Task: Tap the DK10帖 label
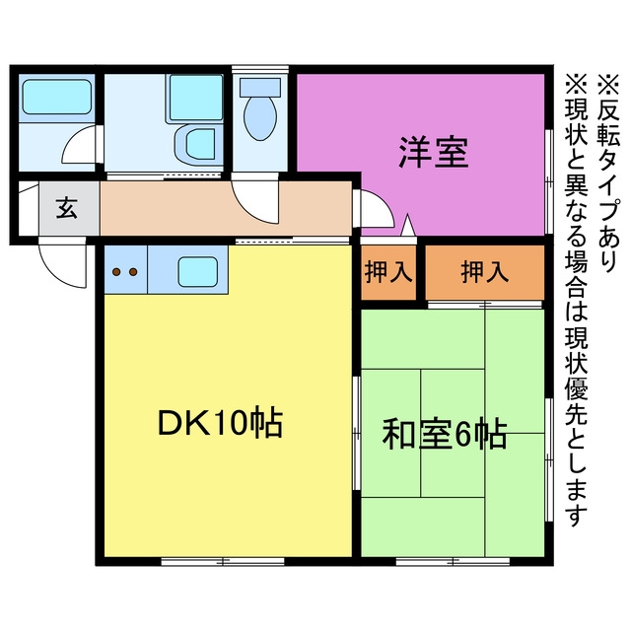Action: pos(221,423)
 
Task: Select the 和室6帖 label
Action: pos(445,435)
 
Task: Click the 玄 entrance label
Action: pos(67,208)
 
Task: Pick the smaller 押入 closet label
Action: pos(388,272)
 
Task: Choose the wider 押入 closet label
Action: pos(484,272)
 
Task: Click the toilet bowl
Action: pos(260,118)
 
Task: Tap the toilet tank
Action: pos(260,87)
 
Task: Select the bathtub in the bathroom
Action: pos(57,97)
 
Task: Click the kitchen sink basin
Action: pos(198,272)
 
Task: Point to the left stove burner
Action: pos(116,272)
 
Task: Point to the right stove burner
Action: pos(133,272)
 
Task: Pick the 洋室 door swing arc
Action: pos(375,208)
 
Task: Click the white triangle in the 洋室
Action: pos(407,226)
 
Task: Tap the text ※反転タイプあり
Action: pos(607,174)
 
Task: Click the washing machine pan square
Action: pos(196,97)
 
